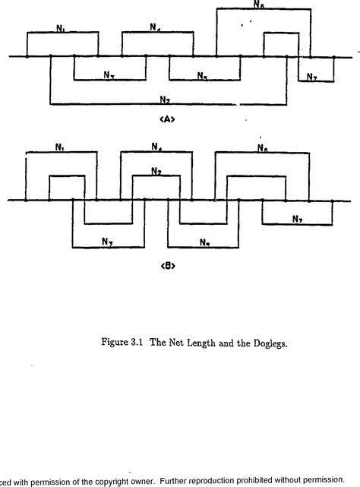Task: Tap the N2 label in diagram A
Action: (x=165, y=98)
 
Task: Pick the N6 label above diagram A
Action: (x=258, y=5)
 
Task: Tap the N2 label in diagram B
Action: (x=156, y=172)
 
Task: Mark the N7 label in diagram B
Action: (x=297, y=219)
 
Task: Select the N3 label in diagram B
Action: (x=108, y=242)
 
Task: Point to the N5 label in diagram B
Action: (x=204, y=242)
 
